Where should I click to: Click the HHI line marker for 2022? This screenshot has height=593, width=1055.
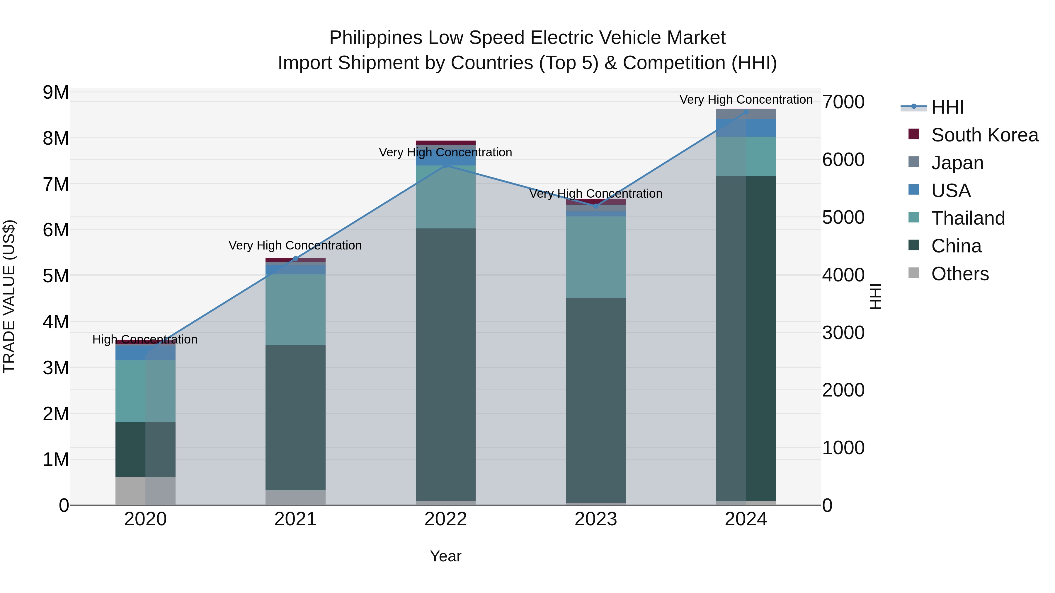point(445,165)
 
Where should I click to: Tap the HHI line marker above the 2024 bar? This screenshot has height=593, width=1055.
point(746,112)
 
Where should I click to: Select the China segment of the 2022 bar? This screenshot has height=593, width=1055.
point(445,364)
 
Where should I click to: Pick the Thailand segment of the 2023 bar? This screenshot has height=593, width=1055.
point(596,257)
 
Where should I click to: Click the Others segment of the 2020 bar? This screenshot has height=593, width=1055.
point(145,491)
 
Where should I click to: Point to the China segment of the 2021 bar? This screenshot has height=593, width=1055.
point(295,417)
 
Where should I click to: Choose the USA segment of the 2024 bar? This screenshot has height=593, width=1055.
point(746,128)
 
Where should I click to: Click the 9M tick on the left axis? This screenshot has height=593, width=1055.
point(56,93)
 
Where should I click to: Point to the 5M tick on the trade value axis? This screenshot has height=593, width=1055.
point(56,276)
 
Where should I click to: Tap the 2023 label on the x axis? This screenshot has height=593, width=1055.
point(596,519)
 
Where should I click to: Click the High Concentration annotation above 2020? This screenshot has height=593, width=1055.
point(145,339)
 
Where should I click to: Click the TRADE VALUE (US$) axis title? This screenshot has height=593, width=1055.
point(9,296)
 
